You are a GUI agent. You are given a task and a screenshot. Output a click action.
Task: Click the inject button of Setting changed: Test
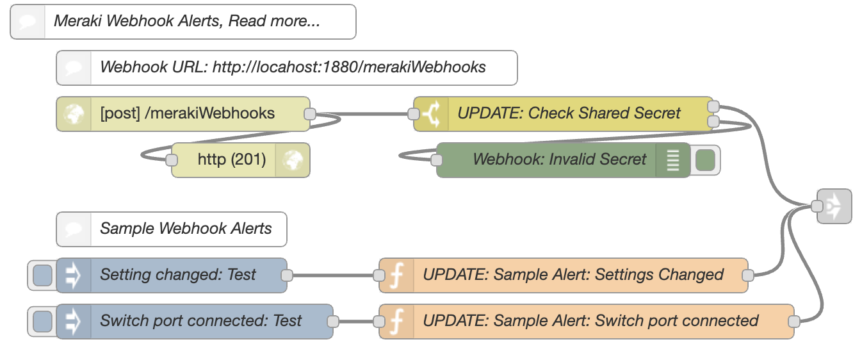coord(42,275)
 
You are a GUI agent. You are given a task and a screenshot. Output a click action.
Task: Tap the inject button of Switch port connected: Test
coord(42,322)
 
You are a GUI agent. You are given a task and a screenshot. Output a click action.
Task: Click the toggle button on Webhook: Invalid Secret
coord(705,160)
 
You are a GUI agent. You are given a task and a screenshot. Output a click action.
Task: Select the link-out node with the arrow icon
coord(834,206)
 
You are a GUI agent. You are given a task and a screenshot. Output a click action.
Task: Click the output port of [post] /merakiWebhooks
coord(310,114)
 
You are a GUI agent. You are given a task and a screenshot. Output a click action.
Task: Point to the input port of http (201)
coord(172,160)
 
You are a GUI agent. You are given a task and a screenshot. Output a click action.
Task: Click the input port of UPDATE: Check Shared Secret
coord(413,114)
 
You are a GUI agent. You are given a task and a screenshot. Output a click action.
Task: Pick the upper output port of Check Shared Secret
coord(713,106)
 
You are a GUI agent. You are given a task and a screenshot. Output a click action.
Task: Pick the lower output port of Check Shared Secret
coord(713,122)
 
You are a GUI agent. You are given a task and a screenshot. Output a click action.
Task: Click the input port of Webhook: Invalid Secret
coord(436,160)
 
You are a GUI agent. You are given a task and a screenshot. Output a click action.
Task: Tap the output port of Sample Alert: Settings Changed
coord(748,275)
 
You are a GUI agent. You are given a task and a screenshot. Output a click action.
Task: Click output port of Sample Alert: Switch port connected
coord(794,322)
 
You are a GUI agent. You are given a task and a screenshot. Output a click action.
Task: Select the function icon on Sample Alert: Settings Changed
coord(396,275)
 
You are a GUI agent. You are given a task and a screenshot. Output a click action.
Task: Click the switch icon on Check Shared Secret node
coord(431,114)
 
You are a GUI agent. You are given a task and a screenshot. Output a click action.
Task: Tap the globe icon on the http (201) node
coord(293,160)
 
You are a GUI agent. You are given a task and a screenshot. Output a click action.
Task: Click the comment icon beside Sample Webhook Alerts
coord(74,229)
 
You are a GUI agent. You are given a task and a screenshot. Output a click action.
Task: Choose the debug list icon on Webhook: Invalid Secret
coord(673,160)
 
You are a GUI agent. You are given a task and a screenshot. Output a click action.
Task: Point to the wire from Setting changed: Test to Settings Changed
coord(333,275)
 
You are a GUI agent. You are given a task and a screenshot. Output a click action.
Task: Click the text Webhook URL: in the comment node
coord(154,67)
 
